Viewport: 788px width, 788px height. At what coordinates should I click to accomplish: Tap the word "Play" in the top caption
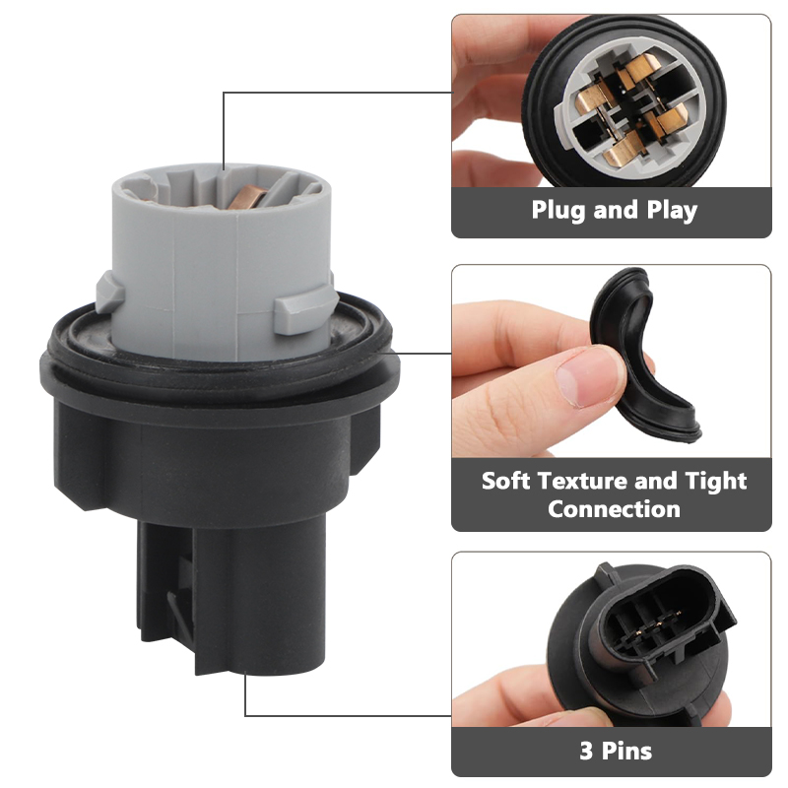[x=672, y=211]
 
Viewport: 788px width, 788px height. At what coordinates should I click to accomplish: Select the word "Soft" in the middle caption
[x=505, y=481]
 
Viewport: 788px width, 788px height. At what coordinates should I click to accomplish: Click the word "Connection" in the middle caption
[x=614, y=509]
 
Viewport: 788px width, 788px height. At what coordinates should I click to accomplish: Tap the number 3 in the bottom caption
[x=586, y=752]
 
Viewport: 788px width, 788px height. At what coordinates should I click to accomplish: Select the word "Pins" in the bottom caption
[x=626, y=752]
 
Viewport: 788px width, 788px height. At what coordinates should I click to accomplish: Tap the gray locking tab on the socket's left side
[x=110, y=292]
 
